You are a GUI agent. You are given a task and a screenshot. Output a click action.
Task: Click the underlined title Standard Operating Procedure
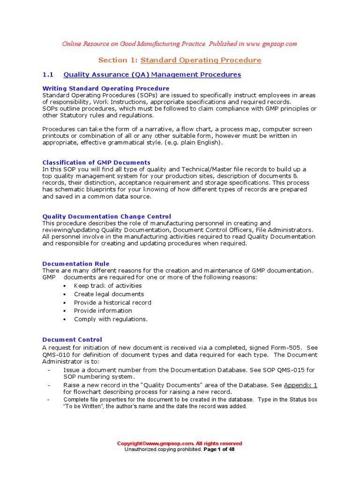(x=201, y=60)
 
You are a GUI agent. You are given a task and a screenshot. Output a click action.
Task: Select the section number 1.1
(x=48, y=75)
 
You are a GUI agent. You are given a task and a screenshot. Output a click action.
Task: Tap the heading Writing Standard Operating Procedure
(x=106, y=88)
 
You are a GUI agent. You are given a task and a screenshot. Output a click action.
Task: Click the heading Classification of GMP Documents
(x=97, y=162)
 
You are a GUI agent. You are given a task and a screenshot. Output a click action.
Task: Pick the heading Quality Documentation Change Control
(x=107, y=217)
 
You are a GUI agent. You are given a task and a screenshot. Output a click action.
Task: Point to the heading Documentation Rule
(x=76, y=264)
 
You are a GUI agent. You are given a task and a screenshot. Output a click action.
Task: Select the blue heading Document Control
(x=72, y=339)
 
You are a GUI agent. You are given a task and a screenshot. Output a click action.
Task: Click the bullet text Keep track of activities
(x=108, y=285)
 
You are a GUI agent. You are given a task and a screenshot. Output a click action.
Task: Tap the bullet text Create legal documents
(x=109, y=294)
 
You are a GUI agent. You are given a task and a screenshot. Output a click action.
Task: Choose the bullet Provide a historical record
(x=112, y=302)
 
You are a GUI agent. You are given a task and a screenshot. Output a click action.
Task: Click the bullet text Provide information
(x=103, y=310)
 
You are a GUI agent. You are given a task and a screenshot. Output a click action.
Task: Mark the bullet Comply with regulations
(x=111, y=319)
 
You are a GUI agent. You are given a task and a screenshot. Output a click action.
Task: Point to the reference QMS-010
(x=55, y=355)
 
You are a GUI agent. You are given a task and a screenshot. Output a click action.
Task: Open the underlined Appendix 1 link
(x=300, y=385)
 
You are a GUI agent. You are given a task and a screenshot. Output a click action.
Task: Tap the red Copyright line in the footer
(x=180, y=443)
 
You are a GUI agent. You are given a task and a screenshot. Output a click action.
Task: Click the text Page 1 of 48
(x=219, y=449)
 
